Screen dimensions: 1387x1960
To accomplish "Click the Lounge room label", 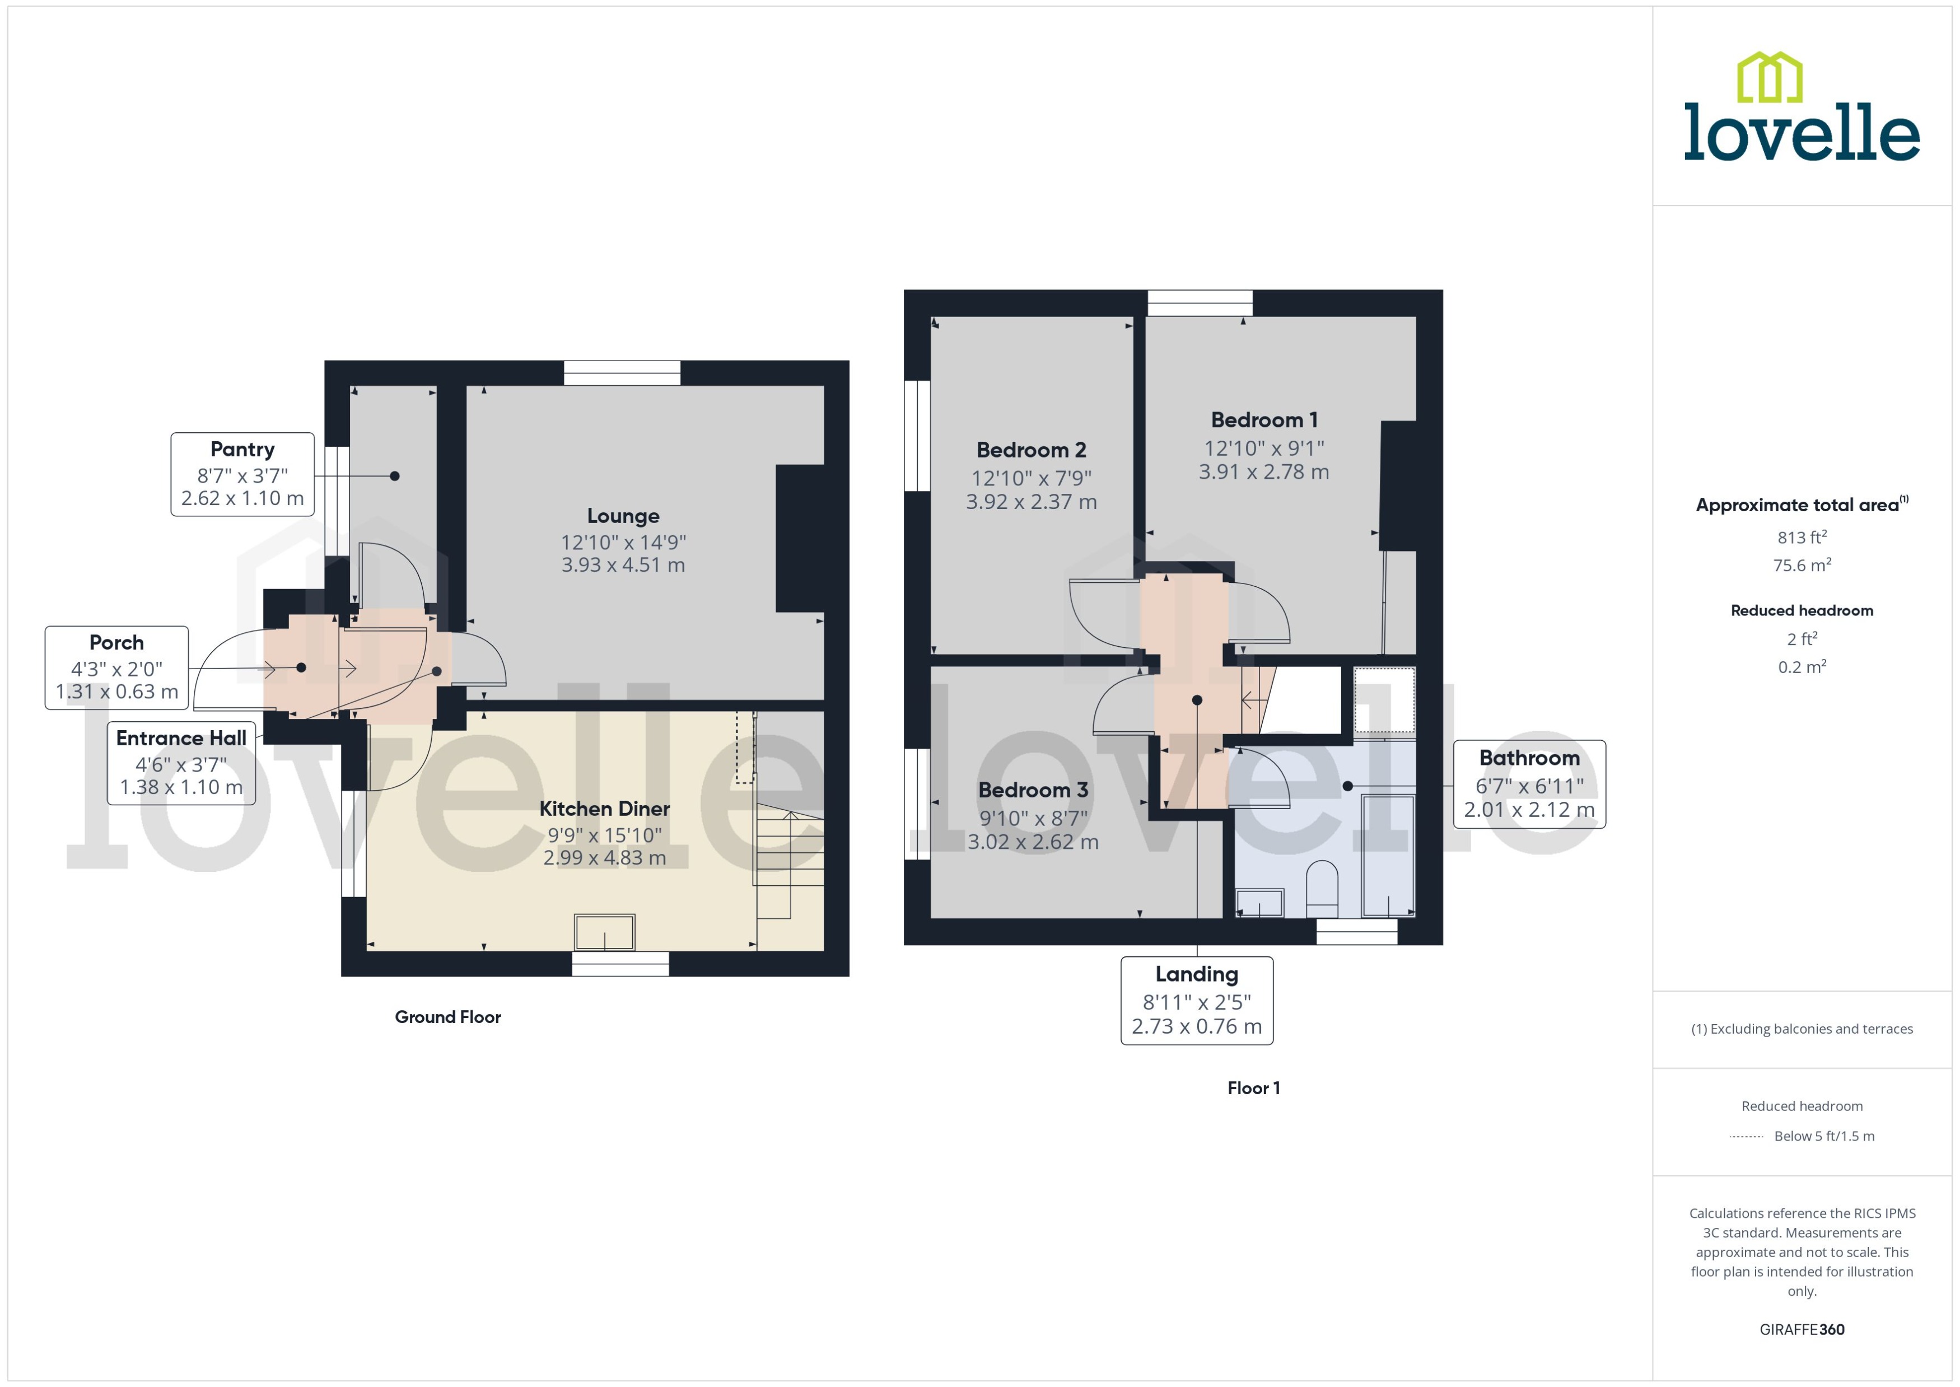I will click(623, 516).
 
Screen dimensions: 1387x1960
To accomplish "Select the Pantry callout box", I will click(242, 474).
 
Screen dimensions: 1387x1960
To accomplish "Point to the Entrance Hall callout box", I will click(181, 762).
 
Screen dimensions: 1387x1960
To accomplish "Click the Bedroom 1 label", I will click(1264, 420).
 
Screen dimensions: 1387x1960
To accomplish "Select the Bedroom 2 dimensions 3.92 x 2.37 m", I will click(1031, 502).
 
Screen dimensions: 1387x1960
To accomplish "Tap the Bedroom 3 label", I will click(1033, 790).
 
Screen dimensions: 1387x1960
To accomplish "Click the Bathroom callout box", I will click(1529, 784).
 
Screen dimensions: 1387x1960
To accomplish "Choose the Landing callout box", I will click(1197, 1000).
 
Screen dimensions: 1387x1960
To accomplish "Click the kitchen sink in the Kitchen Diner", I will click(605, 932).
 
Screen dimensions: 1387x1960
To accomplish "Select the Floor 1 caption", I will click(1253, 1088).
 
